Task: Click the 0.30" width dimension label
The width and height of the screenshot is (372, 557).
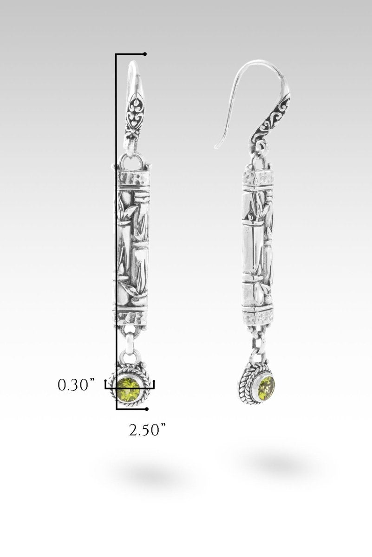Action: click(x=77, y=385)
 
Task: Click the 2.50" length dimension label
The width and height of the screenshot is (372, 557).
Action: click(x=147, y=430)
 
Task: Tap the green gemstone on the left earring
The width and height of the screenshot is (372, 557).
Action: click(x=128, y=389)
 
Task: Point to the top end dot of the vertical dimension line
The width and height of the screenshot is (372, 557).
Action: click(x=145, y=54)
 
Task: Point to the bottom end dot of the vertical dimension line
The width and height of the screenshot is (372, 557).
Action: click(x=147, y=409)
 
